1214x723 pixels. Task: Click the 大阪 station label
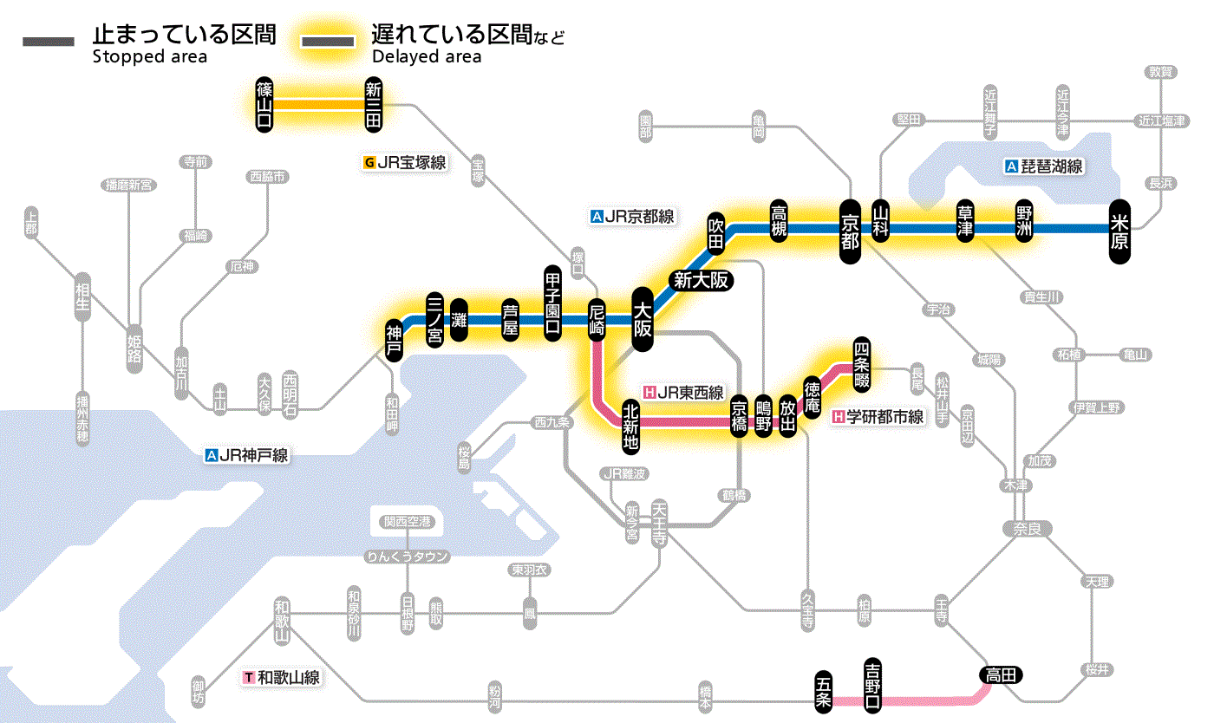point(643,319)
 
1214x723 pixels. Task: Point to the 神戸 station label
point(395,339)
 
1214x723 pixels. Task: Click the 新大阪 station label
point(701,281)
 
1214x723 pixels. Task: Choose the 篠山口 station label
point(264,104)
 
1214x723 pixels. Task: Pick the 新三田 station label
point(374,104)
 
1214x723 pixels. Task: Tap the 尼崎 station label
point(597,319)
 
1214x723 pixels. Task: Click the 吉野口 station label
point(873,685)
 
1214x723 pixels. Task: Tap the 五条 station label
point(824,692)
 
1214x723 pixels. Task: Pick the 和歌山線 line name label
point(282,677)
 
